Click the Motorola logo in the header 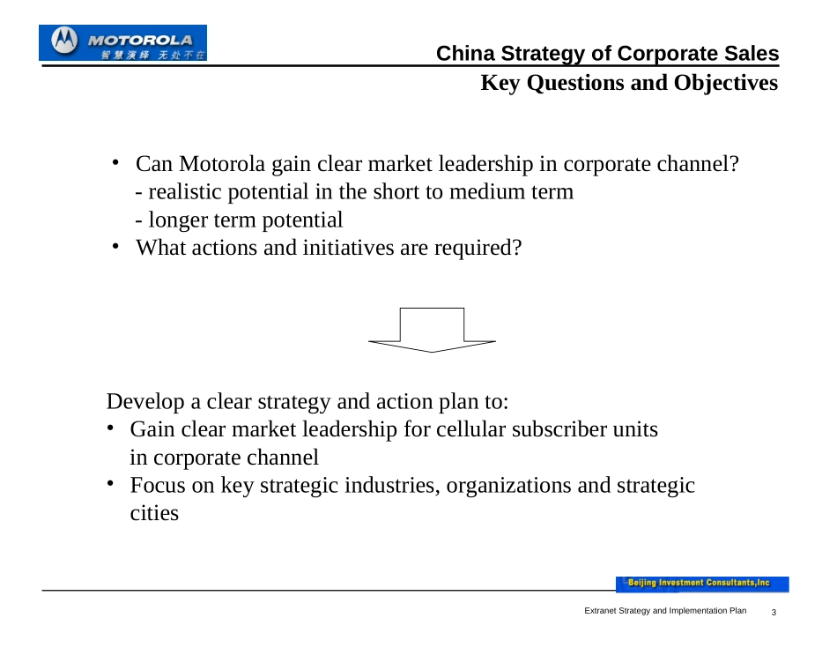coord(122,42)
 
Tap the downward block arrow coord(432,330)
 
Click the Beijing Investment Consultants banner coord(702,584)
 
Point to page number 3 coord(774,612)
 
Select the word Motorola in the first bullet coord(221,164)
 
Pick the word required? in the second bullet coord(478,248)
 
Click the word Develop coord(145,402)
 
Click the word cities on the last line coord(154,513)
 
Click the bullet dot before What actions coord(115,246)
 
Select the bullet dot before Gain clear coord(110,428)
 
